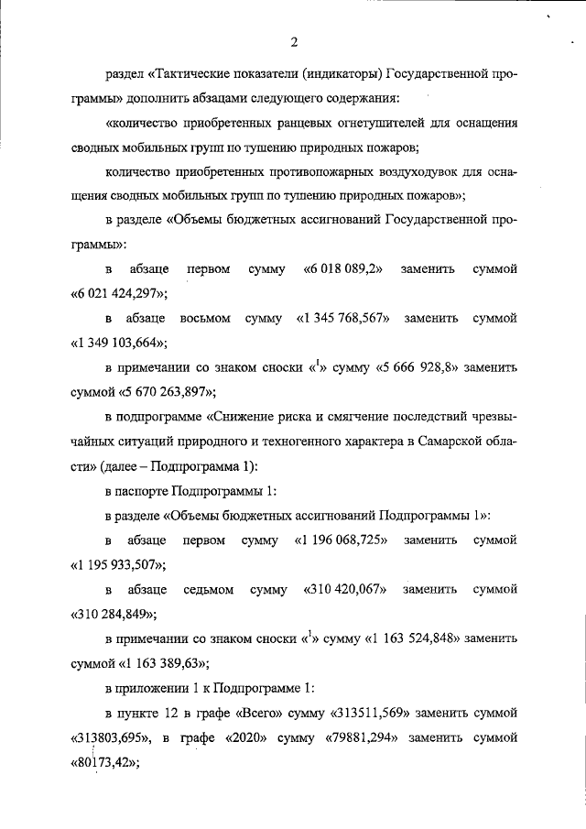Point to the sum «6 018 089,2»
point(342,269)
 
